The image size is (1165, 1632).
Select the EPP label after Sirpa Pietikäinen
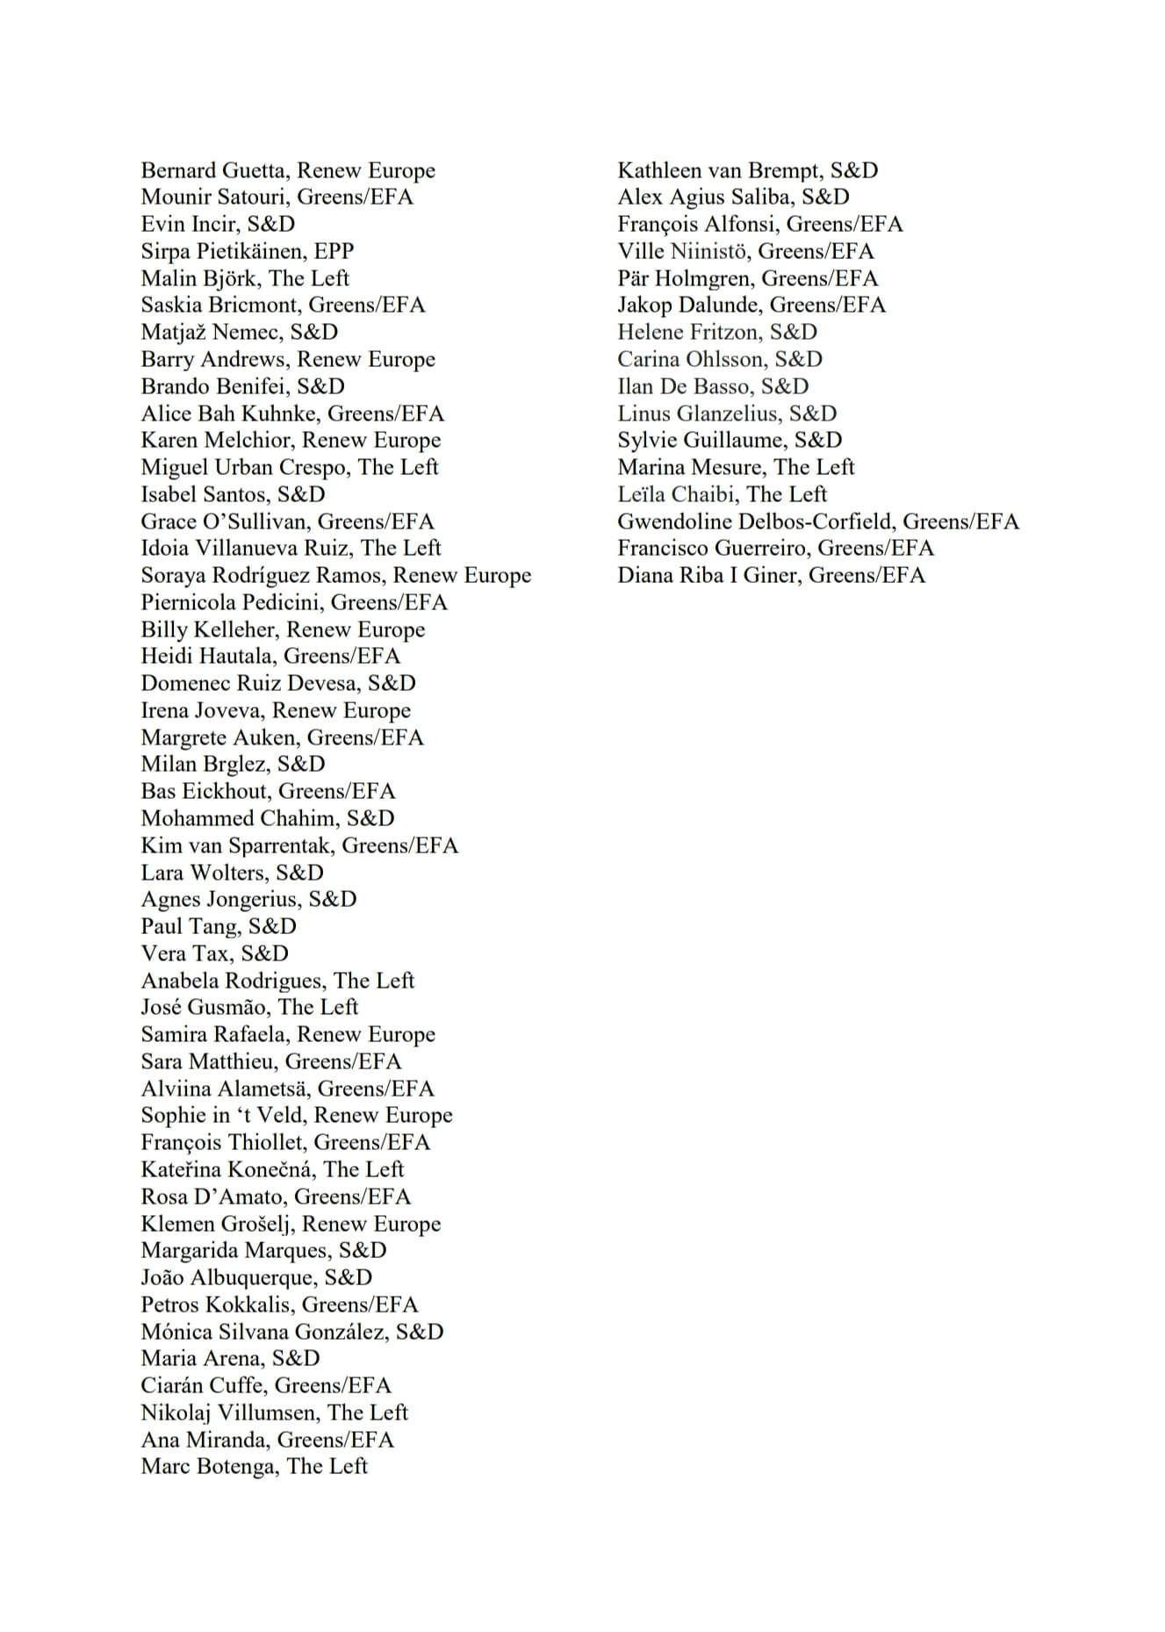click(x=334, y=251)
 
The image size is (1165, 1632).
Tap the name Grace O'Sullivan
click(x=225, y=521)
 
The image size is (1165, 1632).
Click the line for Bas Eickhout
click(x=268, y=792)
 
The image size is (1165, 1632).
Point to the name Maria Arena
click(x=201, y=1359)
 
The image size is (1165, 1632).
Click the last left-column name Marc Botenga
click(x=207, y=1467)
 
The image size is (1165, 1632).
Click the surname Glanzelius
click(x=714, y=413)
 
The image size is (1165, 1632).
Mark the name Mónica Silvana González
click(x=262, y=1332)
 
